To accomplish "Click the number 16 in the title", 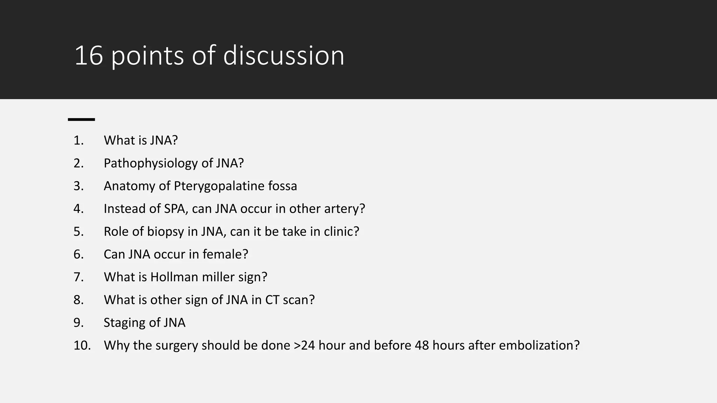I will pos(89,56).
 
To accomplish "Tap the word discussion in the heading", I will pos(284,56).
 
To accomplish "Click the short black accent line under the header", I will pos(81,120).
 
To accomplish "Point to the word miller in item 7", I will pos(219,277).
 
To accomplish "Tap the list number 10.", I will pos(82,345).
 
